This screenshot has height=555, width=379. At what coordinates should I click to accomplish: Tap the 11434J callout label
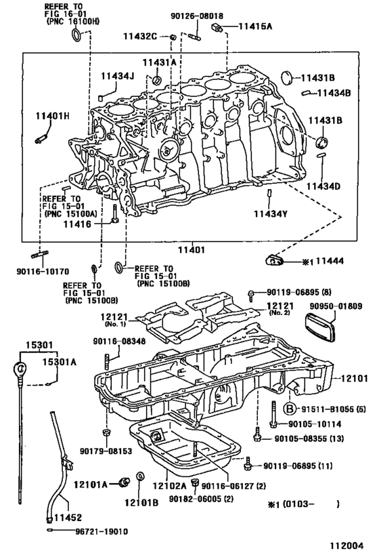(x=118, y=75)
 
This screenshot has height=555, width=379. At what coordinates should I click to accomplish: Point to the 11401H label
(x=52, y=116)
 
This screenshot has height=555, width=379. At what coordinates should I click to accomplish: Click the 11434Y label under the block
(x=271, y=214)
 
